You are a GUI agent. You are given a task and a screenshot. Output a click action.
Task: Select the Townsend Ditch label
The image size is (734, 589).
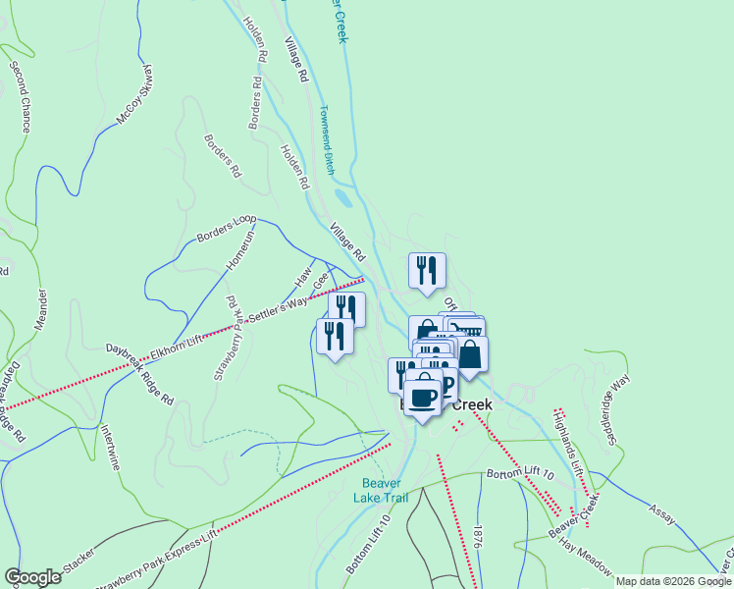tap(327, 140)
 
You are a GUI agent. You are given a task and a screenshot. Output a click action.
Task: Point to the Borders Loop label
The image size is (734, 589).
tap(226, 229)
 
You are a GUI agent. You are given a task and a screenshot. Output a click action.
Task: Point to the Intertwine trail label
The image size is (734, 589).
tap(109, 447)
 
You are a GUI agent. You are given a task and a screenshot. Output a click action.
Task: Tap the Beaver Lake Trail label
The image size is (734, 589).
tap(384, 490)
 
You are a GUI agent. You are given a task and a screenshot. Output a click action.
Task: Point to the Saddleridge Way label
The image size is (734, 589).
tap(618, 393)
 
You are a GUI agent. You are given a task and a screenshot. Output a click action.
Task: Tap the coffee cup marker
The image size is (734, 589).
tap(424, 399)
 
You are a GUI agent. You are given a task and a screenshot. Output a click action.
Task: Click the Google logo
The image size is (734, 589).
tap(32, 577)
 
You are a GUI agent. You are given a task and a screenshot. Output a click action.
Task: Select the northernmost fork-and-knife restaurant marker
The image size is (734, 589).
tap(427, 269)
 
